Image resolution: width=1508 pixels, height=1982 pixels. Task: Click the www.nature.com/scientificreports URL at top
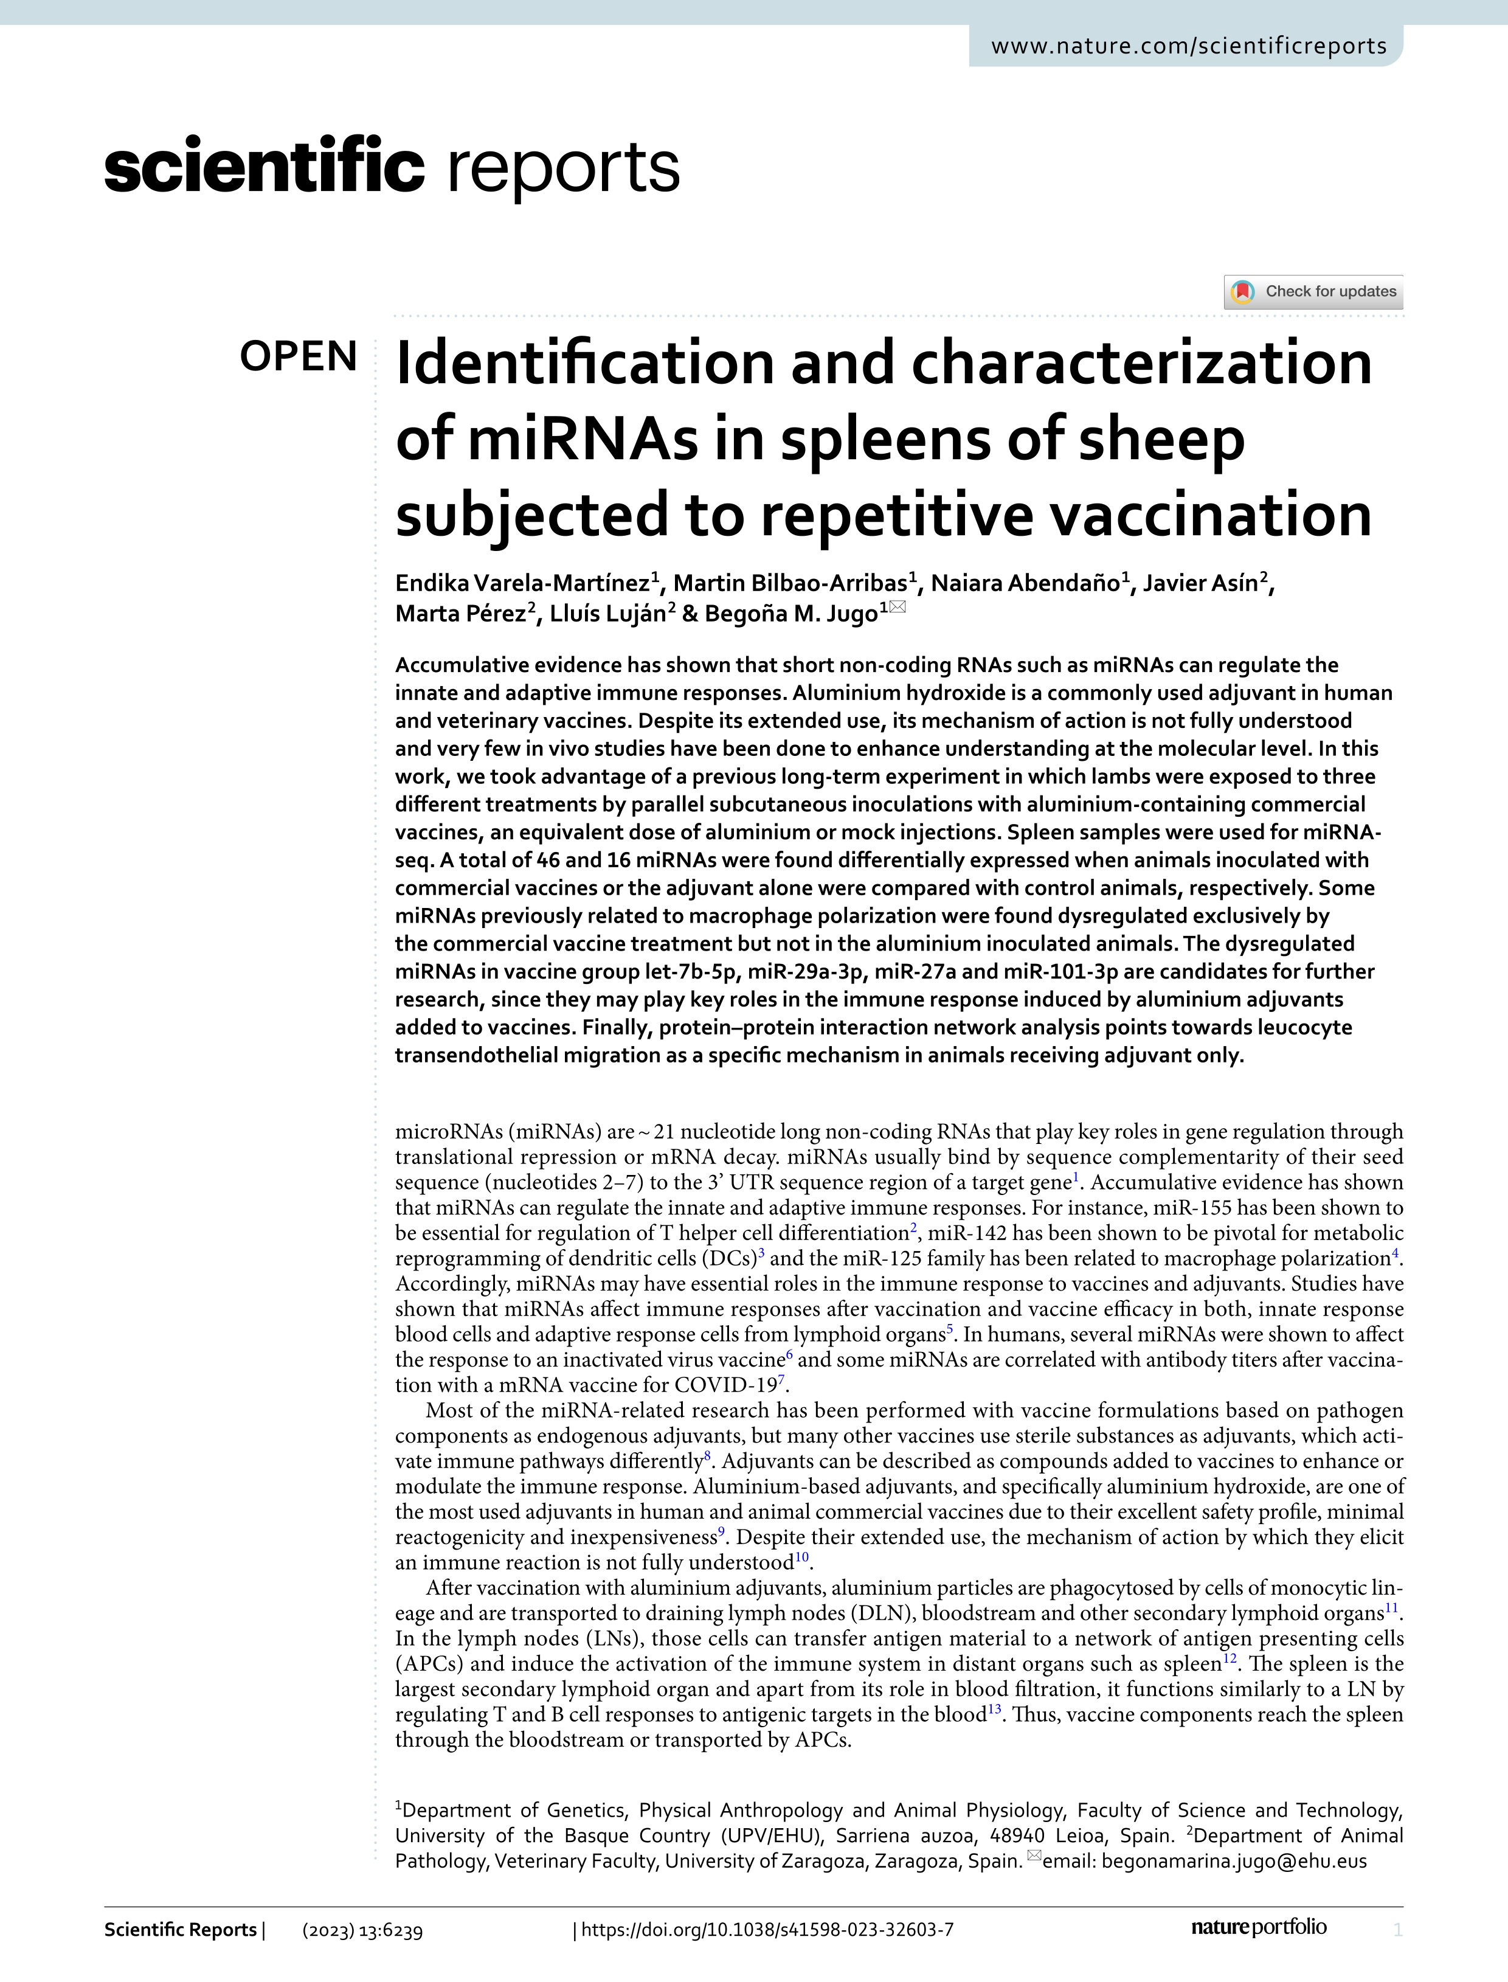[1188, 46]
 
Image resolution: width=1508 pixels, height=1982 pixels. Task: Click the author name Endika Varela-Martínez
[522, 583]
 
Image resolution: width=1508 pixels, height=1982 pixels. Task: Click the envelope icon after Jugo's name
[898, 608]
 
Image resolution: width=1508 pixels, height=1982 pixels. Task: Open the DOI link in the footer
[767, 1929]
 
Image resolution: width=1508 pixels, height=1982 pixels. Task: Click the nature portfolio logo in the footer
[1259, 1927]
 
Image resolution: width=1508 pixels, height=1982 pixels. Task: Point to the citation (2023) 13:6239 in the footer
[362, 1930]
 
